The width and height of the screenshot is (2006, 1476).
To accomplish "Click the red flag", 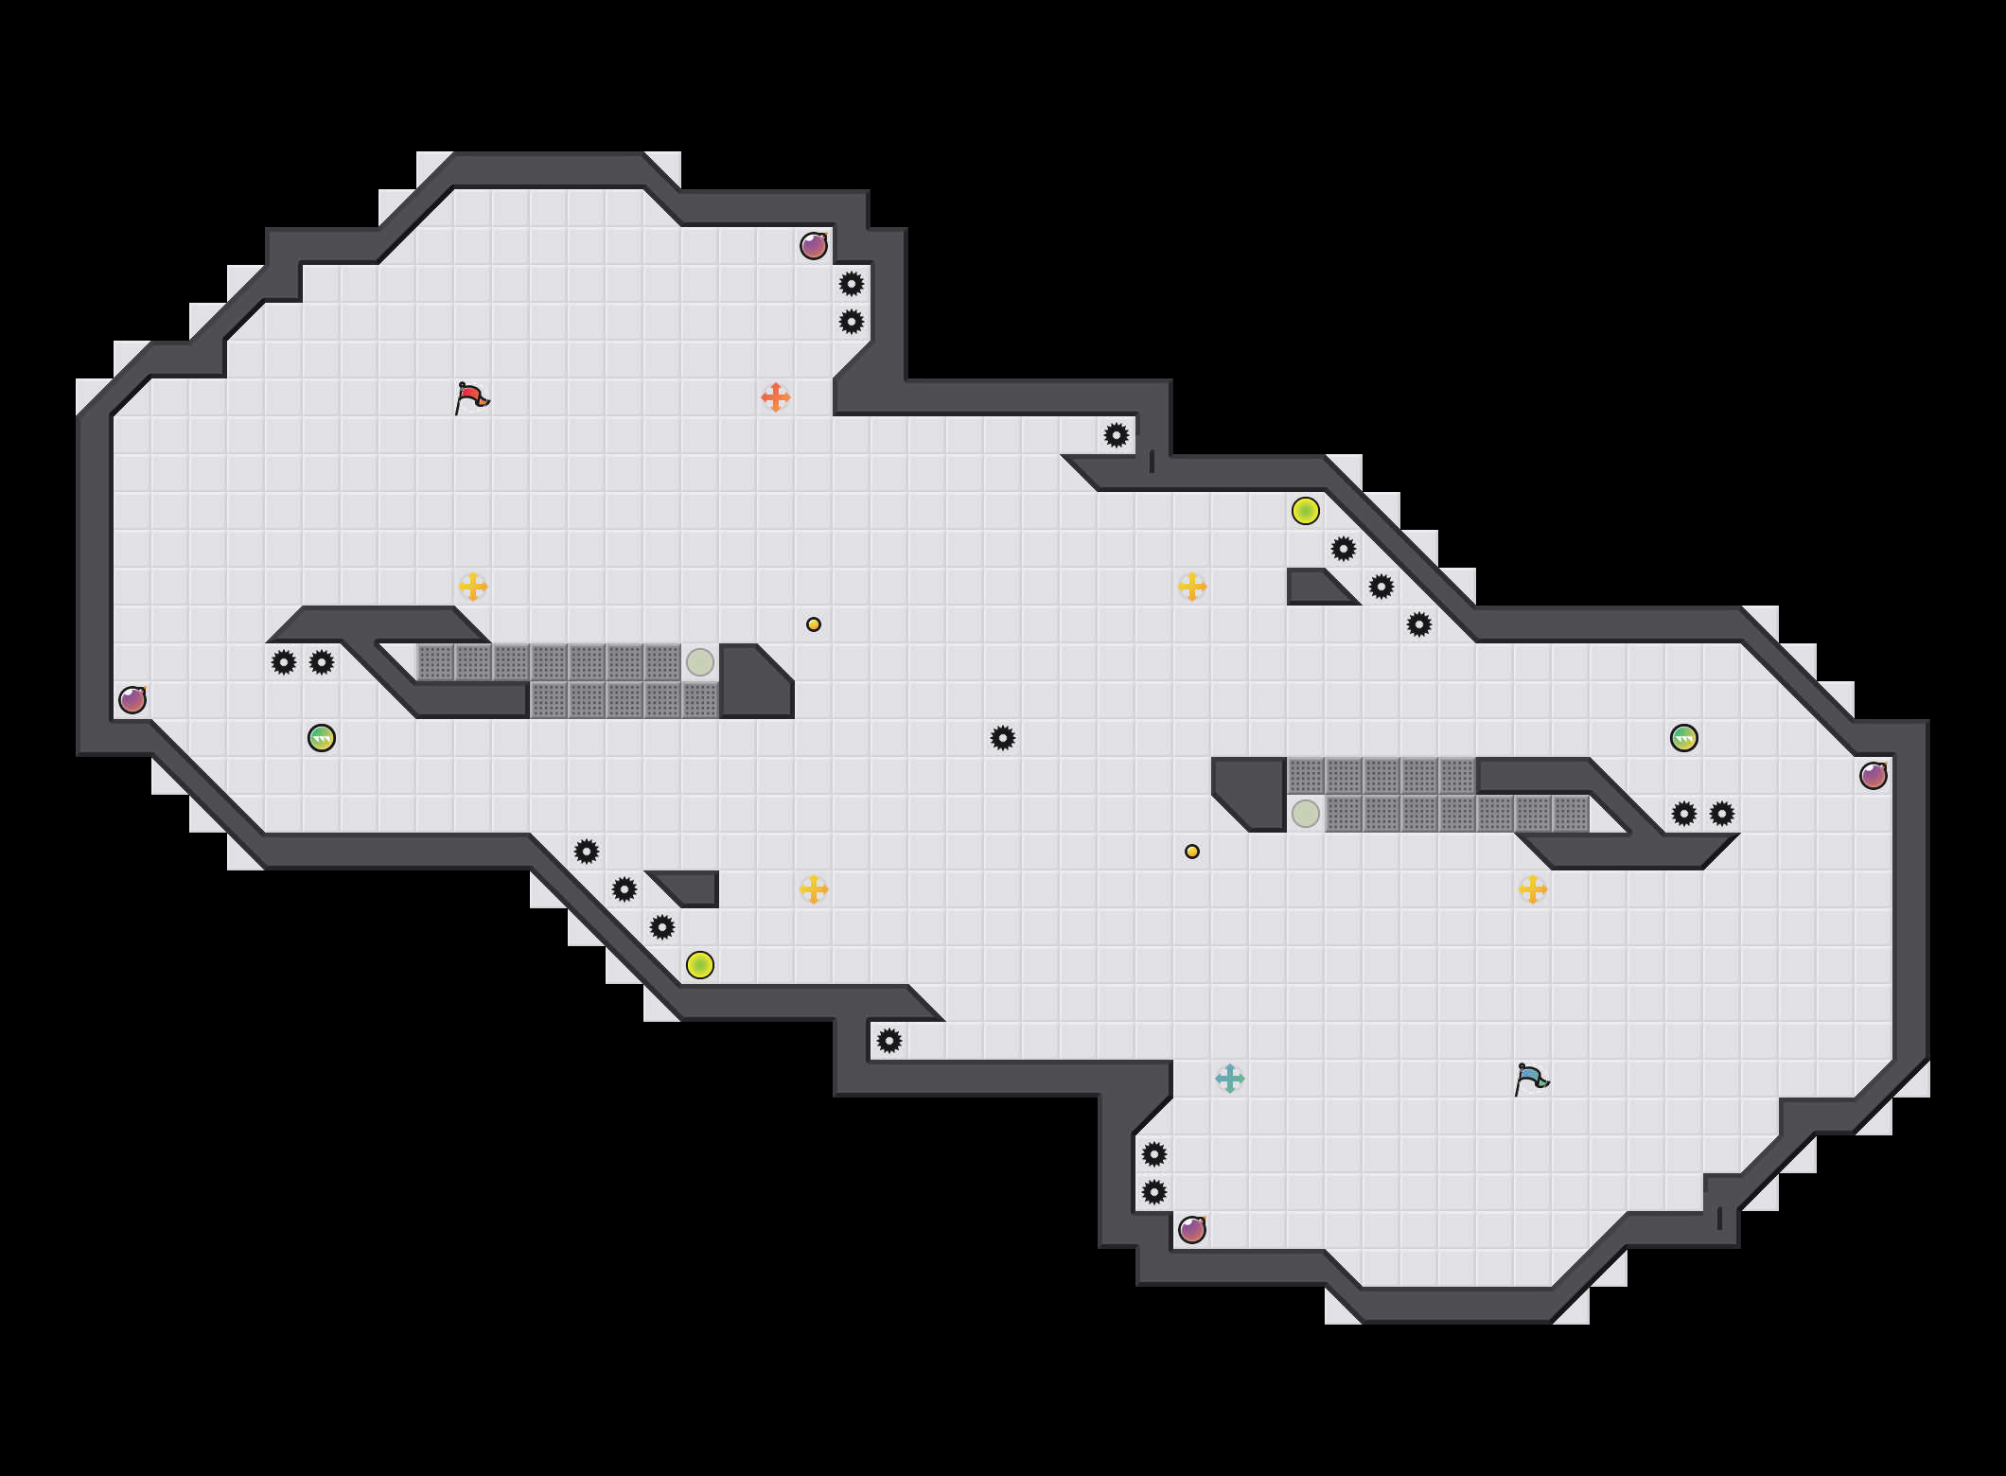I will click(471, 398).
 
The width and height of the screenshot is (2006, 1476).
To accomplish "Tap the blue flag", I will click(1531, 1080).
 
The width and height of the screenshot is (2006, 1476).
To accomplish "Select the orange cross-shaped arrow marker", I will click(776, 397).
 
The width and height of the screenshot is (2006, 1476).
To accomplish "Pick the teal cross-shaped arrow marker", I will click(1230, 1079).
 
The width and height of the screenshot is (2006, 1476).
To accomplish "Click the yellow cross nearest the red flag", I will click(473, 587).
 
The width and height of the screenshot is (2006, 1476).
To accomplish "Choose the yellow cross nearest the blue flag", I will click(1533, 889).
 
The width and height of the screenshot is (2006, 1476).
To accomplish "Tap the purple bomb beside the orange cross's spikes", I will click(814, 246).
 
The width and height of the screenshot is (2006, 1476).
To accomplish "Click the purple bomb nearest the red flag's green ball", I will click(132, 700).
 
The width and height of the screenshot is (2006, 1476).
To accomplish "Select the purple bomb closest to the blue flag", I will click(1874, 776).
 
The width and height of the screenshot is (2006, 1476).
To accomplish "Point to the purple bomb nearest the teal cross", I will click(1192, 1230).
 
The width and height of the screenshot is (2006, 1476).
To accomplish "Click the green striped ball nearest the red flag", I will click(322, 738).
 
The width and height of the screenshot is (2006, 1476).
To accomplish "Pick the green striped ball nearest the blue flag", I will click(1684, 738).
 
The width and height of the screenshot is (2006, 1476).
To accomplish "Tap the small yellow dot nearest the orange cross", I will click(814, 624).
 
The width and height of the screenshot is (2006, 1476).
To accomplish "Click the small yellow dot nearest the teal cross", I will click(1192, 852).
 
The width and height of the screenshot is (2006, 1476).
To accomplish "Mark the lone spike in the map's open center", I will click(1003, 738).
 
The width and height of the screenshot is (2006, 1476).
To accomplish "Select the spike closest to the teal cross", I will click(1154, 1154).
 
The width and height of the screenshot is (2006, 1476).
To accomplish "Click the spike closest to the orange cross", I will click(852, 322).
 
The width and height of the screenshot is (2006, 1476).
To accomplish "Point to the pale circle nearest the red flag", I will click(700, 662).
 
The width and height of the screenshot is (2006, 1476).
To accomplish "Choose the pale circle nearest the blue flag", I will click(1306, 814).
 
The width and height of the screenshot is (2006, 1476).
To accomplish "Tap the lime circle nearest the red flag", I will click(700, 965).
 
